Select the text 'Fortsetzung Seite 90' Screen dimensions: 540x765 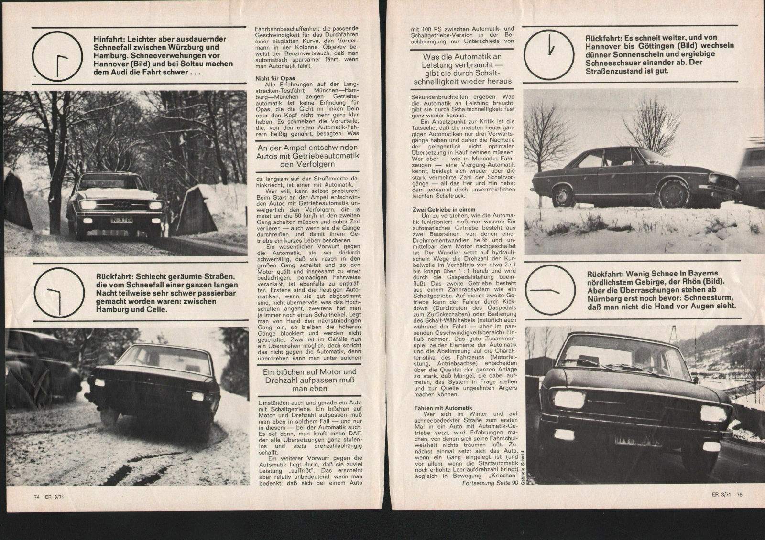click(491, 483)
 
